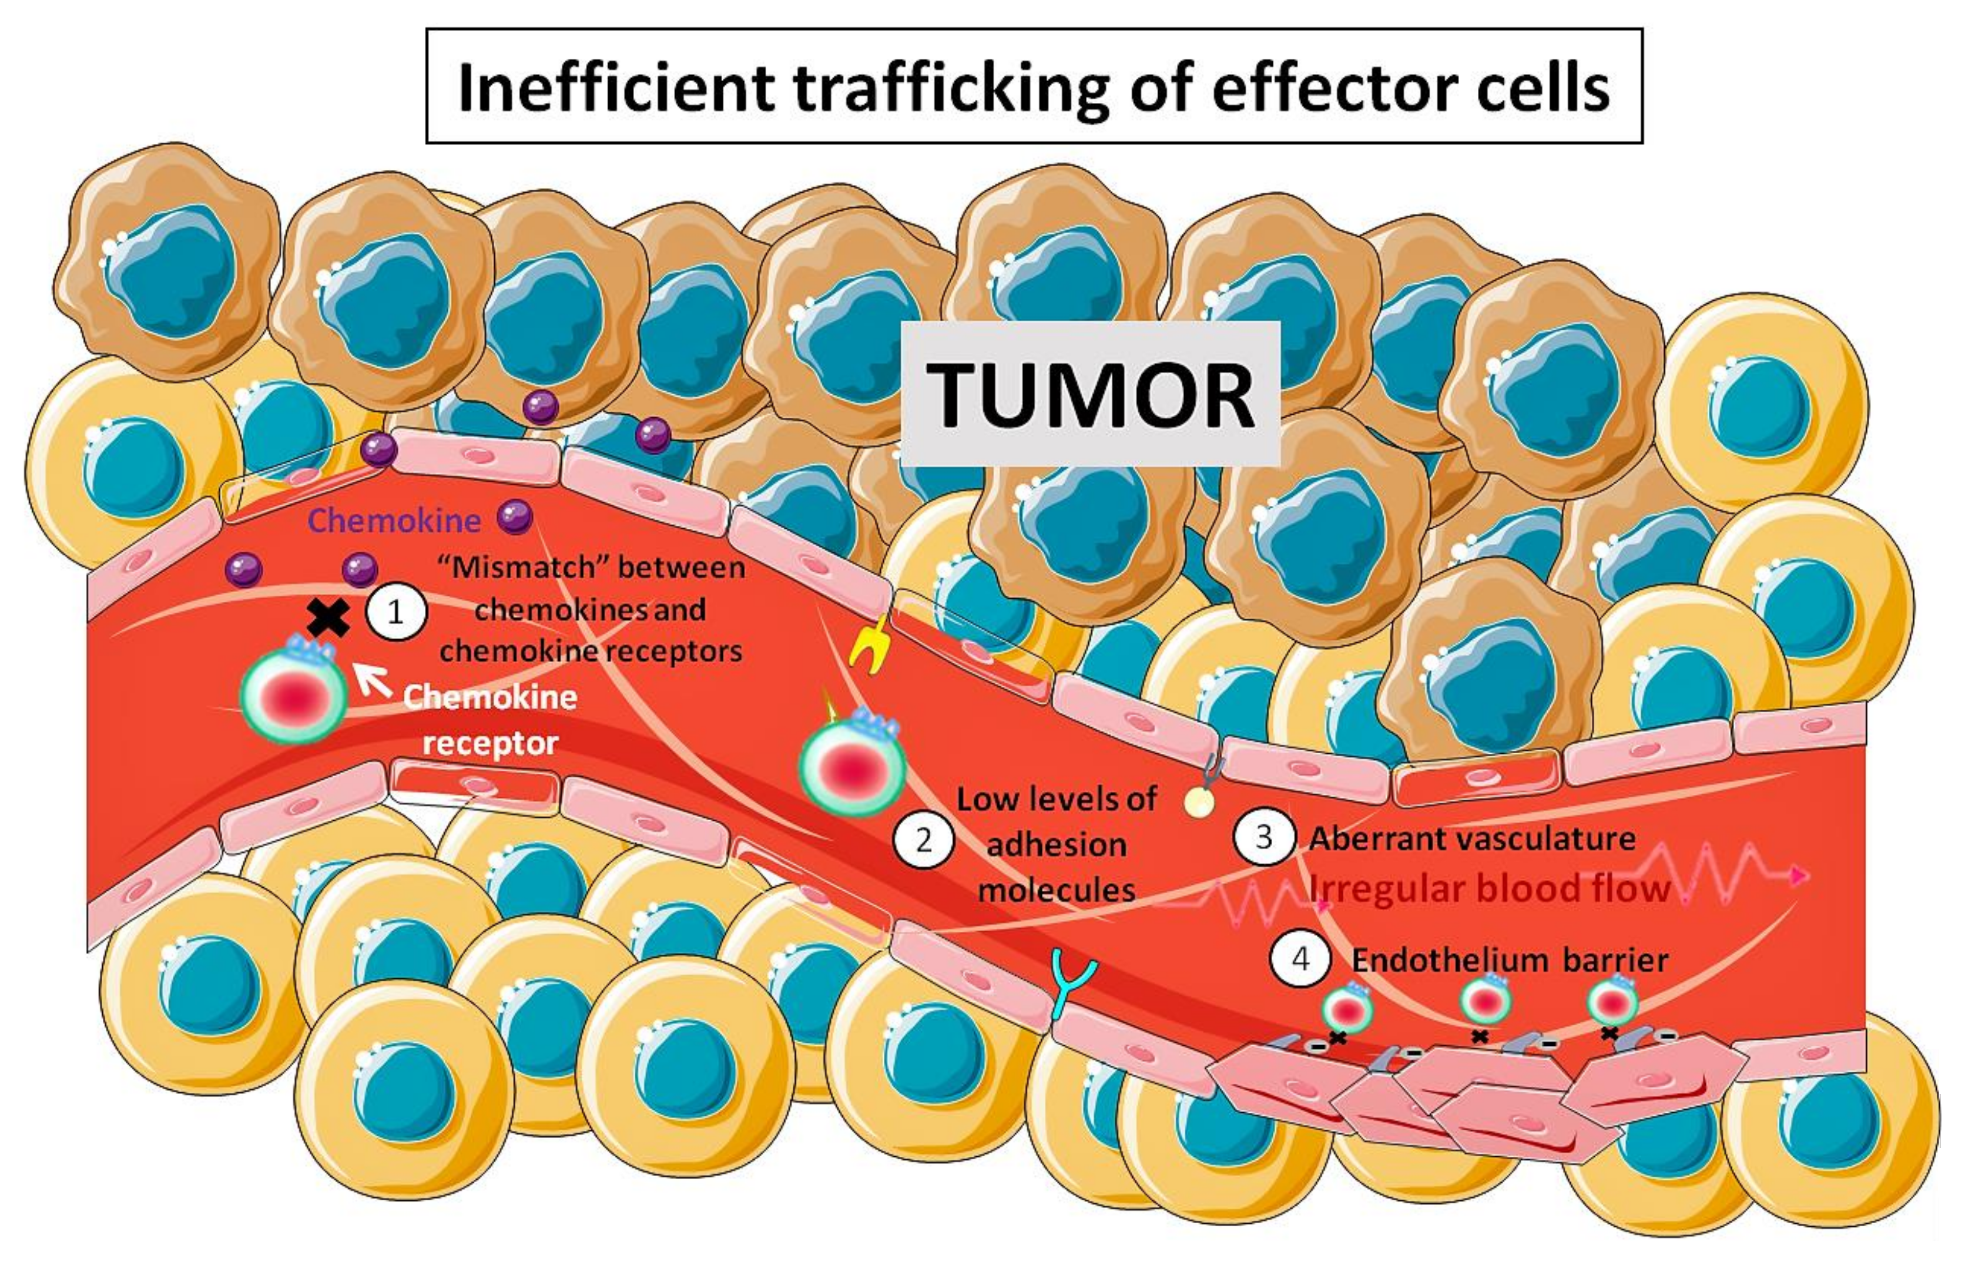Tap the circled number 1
pos(396,612)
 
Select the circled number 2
pos(924,841)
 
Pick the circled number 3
pos(1263,837)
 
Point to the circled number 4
pos(1300,959)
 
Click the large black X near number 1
pos(328,618)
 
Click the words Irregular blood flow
pos(1489,888)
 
